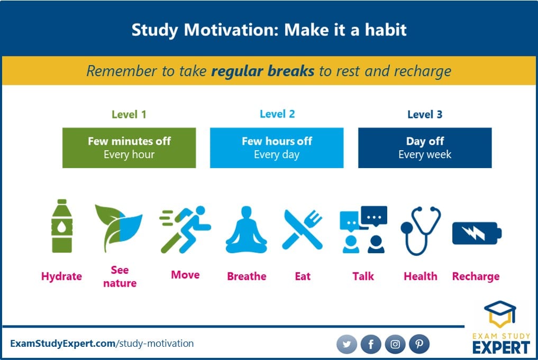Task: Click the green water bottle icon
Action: tap(62, 226)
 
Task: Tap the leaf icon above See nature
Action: tap(118, 228)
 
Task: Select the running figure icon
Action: tap(185, 229)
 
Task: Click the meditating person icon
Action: tap(247, 229)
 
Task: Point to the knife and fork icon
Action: tap(302, 229)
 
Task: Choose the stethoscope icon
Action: tap(421, 230)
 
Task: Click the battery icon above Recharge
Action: tap(477, 233)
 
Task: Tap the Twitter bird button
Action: tap(346, 344)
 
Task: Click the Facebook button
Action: tap(371, 344)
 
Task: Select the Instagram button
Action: tap(395, 344)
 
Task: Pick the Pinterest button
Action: tap(420, 344)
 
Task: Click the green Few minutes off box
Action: tap(129, 148)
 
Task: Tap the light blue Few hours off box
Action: tap(277, 148)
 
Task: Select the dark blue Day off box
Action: tap(425, 148)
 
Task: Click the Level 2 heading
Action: tap(277, 114)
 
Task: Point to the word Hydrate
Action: tap(61, 276)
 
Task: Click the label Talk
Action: tap(363, 276)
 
